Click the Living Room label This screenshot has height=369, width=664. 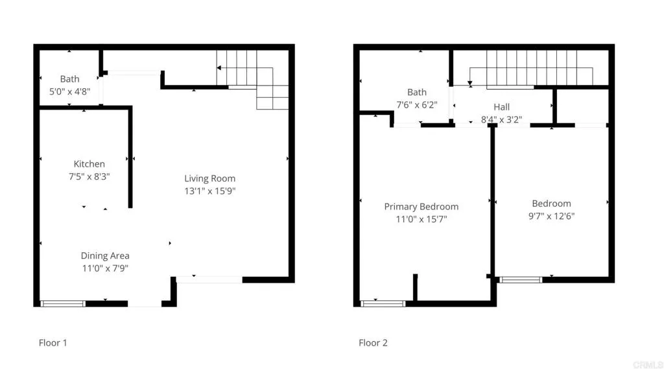pos(209,178)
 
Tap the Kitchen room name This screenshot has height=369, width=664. pos(89,164)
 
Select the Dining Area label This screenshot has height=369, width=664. pos(105,256)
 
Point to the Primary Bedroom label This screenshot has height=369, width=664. pos(421,207)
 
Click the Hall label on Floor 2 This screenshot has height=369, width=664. pos(501,107)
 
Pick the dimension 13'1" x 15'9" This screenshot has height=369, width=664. pos(209,191)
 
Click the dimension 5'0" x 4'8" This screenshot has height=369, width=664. pos(69,92)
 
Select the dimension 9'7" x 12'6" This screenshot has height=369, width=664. pos(551,216)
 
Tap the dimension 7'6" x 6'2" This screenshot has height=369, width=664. pos(417,104)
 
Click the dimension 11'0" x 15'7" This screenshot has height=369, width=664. pos(421,219)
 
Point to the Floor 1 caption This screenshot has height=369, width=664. pos(53,342)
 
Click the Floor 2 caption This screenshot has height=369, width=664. pos(373,342)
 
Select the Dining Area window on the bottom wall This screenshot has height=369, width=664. pos(63,303)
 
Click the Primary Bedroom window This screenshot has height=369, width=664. pos(383,303)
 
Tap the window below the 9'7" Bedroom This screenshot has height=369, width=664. pos(521,280)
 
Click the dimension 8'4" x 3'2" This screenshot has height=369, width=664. pos(501,119)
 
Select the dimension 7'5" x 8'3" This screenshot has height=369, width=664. pos(89,176)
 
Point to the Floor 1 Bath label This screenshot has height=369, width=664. pos(69,79)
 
